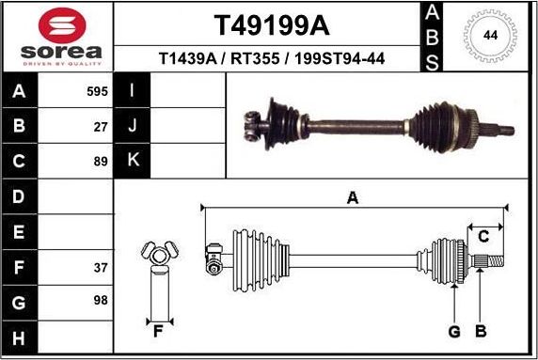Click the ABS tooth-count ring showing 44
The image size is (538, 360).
(x=489, y=37)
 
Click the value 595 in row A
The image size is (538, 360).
(x=98, y=92)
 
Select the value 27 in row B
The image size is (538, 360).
(x=101, y=126)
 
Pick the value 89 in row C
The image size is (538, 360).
(x=101, y=160)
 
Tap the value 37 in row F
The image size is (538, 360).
(x=101, y=268)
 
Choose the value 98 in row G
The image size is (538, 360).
(x=101, y=301)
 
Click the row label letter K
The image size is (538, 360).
(x=133, y=160)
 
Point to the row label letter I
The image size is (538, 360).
(x=133, y=92)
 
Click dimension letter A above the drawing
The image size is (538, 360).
(x=353, y=197)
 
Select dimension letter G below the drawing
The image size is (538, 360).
(x=453, y=330)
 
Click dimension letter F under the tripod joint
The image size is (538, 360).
(x=159, y=330)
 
